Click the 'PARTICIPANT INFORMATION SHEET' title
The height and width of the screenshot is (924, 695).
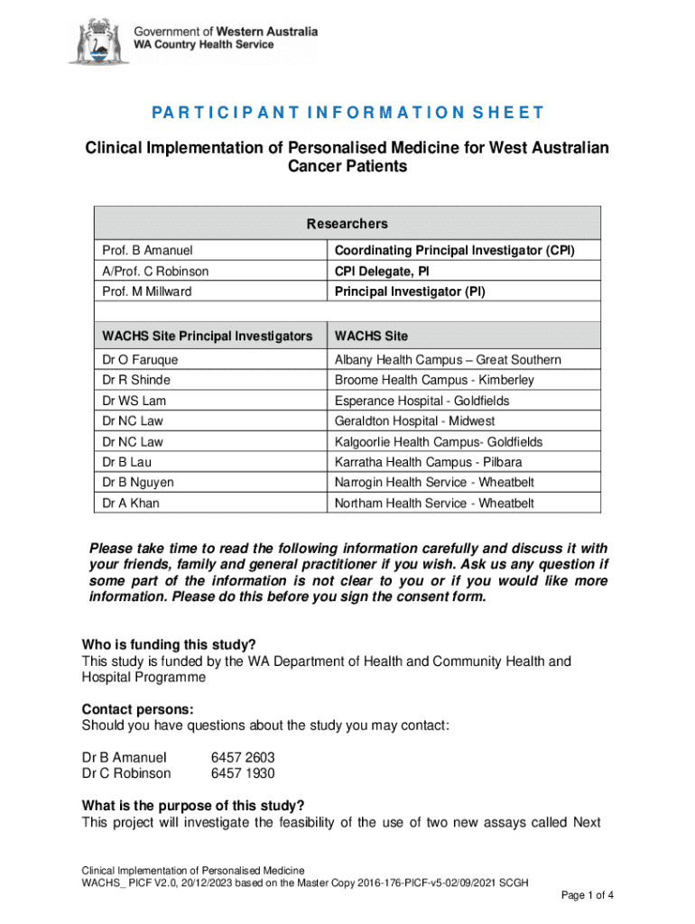coord(347,113)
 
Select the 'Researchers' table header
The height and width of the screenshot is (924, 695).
coord(347,224)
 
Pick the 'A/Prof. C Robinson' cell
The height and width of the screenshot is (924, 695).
coord(155,271)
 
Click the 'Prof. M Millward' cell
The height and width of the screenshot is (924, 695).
coord(147,291)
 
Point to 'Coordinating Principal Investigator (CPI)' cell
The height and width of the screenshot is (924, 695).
coord(454,250)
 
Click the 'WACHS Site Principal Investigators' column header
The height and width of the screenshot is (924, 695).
coord(207,336)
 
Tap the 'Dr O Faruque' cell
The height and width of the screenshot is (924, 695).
coord(140,360)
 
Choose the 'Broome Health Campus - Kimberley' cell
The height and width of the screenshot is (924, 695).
coord(434,380)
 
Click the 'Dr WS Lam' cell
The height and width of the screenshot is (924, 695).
coord(134,401)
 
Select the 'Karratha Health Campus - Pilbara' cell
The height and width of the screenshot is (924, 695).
coord(428,462)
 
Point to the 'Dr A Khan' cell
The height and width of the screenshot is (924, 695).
coord(131,503)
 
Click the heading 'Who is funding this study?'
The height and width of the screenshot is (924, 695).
coord(169,644)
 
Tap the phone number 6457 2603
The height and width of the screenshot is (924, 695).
coord(243,758)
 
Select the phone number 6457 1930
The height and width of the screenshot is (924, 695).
coord(243,773)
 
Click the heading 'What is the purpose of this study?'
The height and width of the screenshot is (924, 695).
coord(193,806)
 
